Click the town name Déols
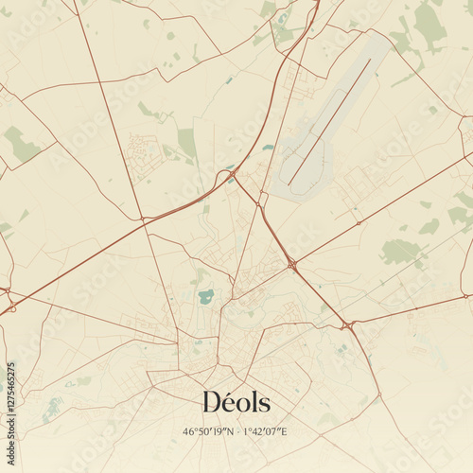(236, 402)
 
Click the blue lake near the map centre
(205, 297)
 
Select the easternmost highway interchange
(349, 325)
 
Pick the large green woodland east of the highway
(400, 251)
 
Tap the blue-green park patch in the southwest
(52, 409)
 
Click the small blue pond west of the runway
(269, 148)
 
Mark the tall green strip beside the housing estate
(187, 143)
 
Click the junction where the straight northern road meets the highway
(144, 221)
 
